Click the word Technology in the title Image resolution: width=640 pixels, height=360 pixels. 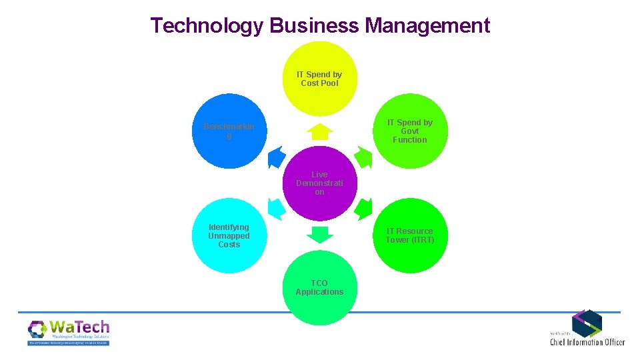(207, 26)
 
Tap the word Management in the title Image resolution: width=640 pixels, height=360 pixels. (428, 26)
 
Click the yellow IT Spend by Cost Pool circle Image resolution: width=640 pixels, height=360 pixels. (319, 79)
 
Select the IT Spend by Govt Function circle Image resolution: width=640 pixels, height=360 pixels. (409, 131)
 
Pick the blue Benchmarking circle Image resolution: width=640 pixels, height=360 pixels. (229, 131)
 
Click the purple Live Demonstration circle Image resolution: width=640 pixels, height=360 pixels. (319, 183)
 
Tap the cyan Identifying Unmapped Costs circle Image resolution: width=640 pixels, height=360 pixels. (229, 236)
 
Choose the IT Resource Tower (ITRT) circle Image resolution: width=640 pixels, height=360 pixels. (409, 236)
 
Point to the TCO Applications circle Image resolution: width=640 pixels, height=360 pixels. (319, 288)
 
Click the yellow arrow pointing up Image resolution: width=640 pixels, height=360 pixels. (320, 131)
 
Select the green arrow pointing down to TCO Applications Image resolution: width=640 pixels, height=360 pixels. (320, 234)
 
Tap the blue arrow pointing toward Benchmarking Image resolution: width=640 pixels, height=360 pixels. (277, 157)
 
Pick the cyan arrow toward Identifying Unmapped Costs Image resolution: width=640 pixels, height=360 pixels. (277, 208)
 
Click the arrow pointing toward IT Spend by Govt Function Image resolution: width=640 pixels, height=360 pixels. (363, 157)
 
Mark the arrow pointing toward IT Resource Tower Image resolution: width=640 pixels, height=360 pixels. (363, 208)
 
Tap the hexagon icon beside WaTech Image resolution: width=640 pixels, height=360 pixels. (37, 329)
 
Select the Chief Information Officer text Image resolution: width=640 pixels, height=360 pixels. (587, 342)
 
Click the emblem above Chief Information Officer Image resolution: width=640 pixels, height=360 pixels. (587, 323)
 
